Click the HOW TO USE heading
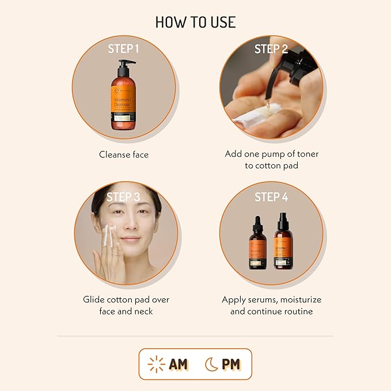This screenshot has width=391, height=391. [195, 22]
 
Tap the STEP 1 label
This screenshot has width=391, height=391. [124, 48]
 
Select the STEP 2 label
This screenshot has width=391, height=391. [271, 49]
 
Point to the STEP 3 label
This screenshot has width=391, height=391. [123, 197]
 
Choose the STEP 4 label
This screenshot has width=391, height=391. [271, 197]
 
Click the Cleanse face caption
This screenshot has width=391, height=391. [124, 154]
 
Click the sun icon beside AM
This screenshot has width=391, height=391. [156, 364]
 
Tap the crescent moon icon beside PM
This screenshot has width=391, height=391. [211, 364]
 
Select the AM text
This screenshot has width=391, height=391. [179, 364]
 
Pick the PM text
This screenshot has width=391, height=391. [231, 364]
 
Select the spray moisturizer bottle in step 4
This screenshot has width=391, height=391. [283, 245]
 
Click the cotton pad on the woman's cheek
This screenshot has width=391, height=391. [107, 236]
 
